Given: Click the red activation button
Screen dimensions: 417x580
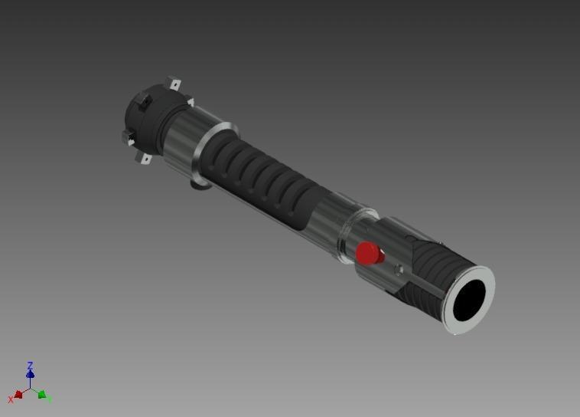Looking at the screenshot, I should (x=370, y=254).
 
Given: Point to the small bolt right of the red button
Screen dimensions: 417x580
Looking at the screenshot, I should (x=398, y=269).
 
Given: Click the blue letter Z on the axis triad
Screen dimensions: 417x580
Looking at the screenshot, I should (x=30, y=366).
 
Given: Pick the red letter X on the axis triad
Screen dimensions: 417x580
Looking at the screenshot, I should (x=11, y=399).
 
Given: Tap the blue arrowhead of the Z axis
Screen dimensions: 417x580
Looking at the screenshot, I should (x=30, y=375).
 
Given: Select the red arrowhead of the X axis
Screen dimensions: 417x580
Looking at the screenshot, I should (x=18, y=395).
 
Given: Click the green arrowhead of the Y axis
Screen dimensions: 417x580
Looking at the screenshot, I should (x=43, y=396).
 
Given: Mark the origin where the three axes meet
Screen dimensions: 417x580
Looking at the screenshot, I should (x=30, y=389).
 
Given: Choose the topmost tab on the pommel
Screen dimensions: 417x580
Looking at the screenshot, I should (x=174, y=84).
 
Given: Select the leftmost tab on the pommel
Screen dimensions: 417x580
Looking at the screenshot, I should (x=127, y=136).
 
